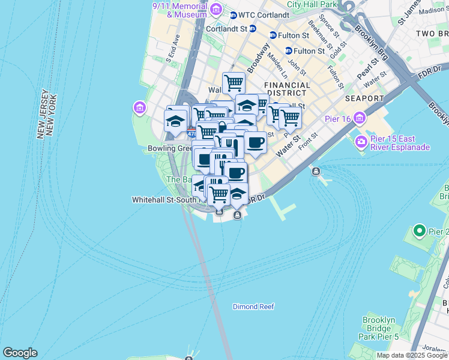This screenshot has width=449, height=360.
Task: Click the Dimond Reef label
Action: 253,307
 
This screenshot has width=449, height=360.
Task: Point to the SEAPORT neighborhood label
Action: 364,98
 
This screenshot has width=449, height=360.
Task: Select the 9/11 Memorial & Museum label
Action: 179,10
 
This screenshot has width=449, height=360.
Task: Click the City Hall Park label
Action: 310,4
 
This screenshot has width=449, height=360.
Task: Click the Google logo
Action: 20,353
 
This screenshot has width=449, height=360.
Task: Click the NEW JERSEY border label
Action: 43,116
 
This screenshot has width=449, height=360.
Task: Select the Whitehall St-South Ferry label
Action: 156,200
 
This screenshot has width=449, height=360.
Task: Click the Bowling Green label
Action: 168,148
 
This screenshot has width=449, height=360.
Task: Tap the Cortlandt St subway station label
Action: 226,28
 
